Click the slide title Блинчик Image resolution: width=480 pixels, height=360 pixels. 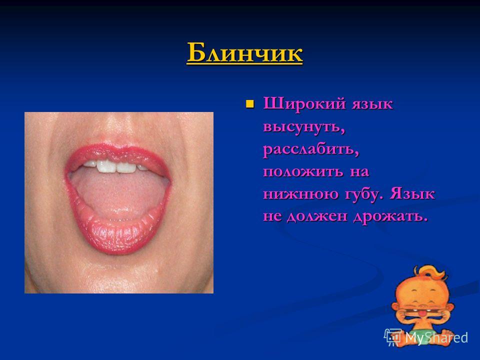click(x=244, y=53)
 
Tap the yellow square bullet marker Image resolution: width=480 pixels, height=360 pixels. click(x=250, y=104)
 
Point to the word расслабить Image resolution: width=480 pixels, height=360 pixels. click(x=311, y=149)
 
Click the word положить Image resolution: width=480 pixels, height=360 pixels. click(x=303, y=171)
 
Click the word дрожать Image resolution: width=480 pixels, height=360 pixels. click(x=390, y=216)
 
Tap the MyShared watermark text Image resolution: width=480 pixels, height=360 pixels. click(x=436, y=337)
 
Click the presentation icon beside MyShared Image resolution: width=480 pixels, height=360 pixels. click(x=393, y=336)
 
